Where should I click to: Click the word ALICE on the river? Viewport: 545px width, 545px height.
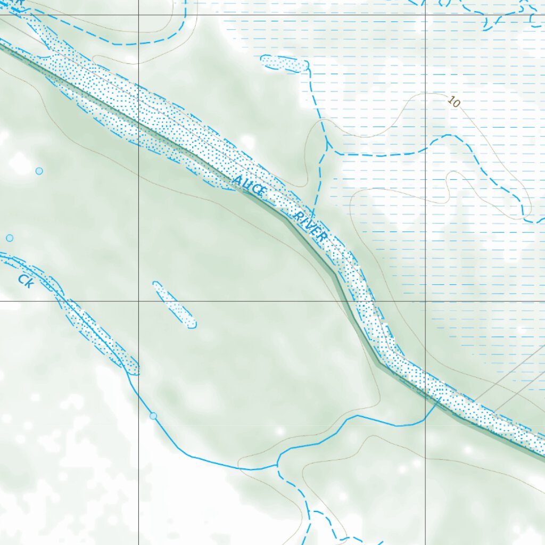coord(248,186)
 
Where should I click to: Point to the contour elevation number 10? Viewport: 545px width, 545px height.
coord(453,101)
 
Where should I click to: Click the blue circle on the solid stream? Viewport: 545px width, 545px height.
coord(153,416)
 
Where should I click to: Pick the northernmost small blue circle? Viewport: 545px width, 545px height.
coord(39,171)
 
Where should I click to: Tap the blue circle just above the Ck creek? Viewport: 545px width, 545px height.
coord(10,238)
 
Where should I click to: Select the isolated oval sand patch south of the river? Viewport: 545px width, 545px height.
coord(174,304)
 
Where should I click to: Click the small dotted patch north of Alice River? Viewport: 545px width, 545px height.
coord(285,63)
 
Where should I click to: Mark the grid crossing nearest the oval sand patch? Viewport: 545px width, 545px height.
coord(139,301)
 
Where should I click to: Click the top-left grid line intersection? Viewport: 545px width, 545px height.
coord(139,15)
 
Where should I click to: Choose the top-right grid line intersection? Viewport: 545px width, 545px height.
coord(425,15)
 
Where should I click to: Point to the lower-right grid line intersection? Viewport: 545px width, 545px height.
coord(425,301)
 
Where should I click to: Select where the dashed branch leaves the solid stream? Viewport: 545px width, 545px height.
coord(277,465)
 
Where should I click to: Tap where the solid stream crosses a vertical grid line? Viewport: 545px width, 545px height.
coord(425,419)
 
